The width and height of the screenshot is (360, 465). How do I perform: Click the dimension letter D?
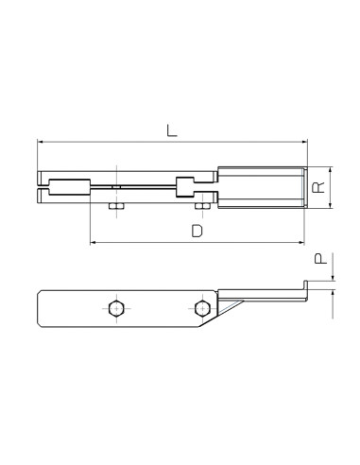click(x=197, y=230)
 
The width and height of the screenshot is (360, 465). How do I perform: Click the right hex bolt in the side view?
click(x=199, y=307)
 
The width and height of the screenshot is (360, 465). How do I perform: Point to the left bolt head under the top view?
click(x=114, y=206)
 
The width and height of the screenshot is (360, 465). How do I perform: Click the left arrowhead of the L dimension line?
click(x=41, y=142)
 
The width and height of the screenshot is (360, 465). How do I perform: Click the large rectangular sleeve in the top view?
click(x=261, y=185)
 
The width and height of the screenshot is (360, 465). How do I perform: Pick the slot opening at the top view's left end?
click(x=43, y=185)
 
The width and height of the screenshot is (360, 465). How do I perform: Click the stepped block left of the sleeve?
click(x=196, y=185)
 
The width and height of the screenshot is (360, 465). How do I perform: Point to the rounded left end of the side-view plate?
click(x=40, y=307)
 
